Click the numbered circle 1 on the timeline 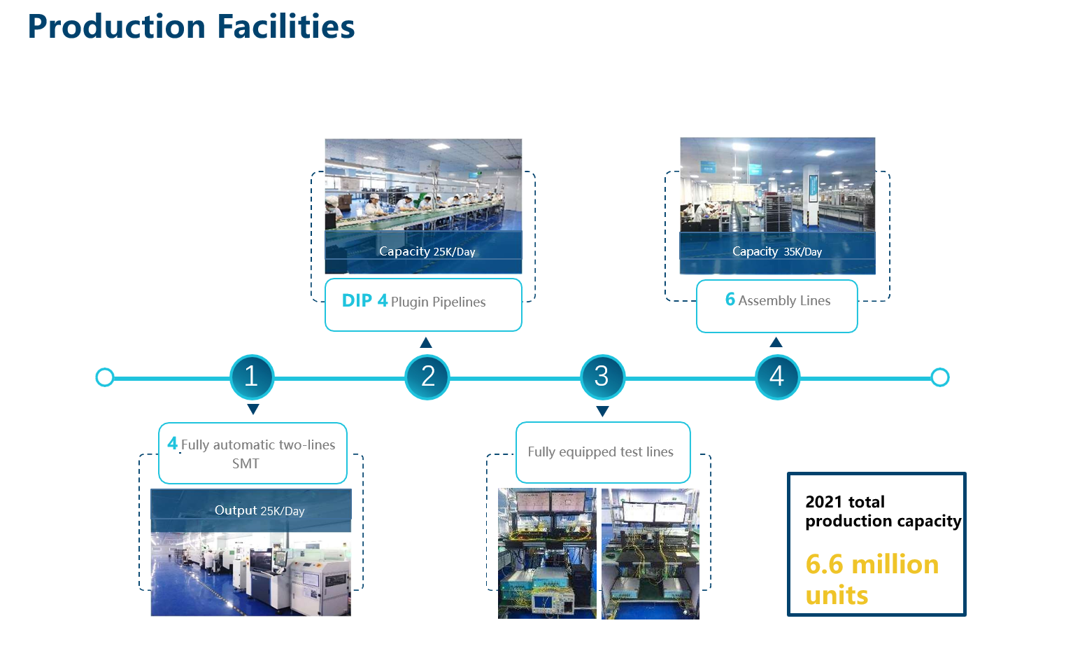click(x=252, y=377)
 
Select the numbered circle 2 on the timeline click(x=427, y=377)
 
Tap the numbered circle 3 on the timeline click(x=602, y=377)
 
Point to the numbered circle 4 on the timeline click(x=777, y=377)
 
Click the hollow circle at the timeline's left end click(x=105, y=377)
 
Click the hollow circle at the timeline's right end click(x=939, y=377)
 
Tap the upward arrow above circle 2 click(x=426, y=342)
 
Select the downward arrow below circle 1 click(x=253, y=409)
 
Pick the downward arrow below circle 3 click(x=602, y=411)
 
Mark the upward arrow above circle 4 click(x=776, y=342)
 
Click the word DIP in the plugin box click(x=357, y=300)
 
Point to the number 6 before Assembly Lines click(x=730, y=299)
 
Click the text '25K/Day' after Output click(x=283, y=511)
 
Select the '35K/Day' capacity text click(x=803, y=252)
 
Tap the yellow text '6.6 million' click(x=872, y=564)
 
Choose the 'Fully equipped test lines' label click(x=600, y=451)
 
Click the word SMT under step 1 click(x=246, y=464)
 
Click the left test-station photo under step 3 click(x=547, y=554)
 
